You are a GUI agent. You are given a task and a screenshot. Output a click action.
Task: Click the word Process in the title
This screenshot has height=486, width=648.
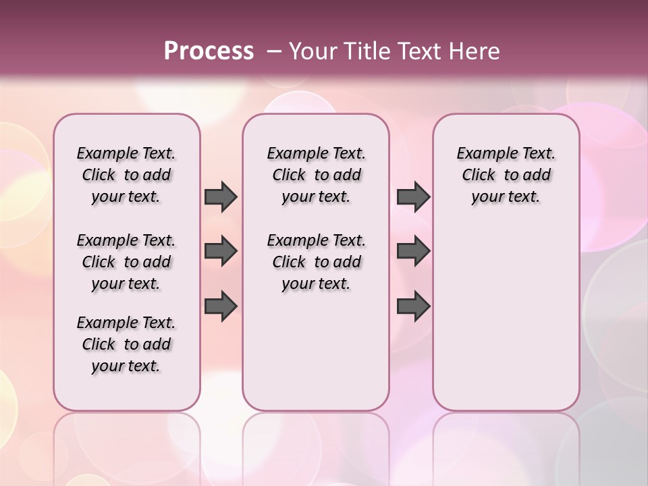click(209, 51)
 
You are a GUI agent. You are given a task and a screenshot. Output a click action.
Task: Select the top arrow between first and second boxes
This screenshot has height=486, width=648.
click(221, 197)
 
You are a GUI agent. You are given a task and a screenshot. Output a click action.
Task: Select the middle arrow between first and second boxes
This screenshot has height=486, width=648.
click(221, 252)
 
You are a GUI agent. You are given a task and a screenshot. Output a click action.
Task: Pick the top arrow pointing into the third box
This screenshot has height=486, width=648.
click(413, 197)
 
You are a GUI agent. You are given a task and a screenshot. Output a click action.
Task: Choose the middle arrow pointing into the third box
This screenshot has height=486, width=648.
click(413, 252)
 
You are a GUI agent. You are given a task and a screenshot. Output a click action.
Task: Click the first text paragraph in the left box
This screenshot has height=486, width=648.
click(126, 175)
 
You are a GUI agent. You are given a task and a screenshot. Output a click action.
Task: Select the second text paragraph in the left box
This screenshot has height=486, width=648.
click(126, 262)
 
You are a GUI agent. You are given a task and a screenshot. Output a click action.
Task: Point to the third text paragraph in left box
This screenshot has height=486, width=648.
click(126, 344)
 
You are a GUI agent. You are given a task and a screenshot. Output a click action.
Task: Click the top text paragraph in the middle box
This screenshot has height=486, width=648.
click(316, 175)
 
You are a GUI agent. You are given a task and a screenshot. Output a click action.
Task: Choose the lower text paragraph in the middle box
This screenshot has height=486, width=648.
click(316, 262)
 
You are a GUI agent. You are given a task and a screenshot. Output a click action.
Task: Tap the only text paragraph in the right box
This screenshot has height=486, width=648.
click(506, 175)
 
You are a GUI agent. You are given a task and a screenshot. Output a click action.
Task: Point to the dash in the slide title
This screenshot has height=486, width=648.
click(274, 51)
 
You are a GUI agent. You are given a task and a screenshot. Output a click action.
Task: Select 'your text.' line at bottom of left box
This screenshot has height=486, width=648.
click(126, 366)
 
